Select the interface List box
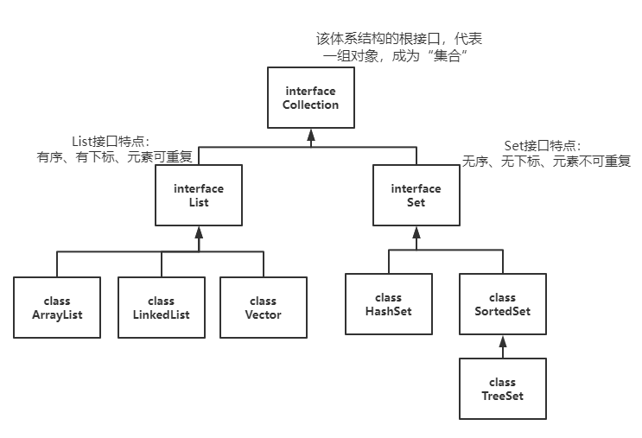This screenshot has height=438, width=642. pos(199,195)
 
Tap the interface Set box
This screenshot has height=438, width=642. pos(415,195)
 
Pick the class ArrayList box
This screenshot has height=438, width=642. pos(57,308)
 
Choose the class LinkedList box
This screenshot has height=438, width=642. pos(161,308)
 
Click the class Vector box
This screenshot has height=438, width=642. pos(263,308)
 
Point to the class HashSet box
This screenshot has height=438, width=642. pos(388,304)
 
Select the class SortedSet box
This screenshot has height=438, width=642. pos(503,304)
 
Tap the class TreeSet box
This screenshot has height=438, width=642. pos(503,389)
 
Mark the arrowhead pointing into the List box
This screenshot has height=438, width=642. pos(199,232)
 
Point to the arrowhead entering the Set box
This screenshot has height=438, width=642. pos(416,232)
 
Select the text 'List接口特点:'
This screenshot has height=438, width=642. pos(111,142)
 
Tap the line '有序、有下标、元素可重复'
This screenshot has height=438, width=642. pos(116,157)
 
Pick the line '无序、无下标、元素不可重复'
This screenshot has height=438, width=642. pos(546,161)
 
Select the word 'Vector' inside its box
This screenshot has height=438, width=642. pos(263,314)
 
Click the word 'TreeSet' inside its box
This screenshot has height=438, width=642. pos(503,396)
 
